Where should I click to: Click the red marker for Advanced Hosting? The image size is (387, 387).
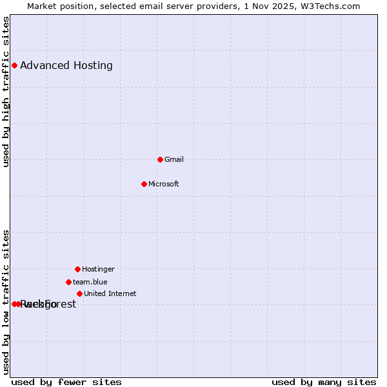point(14,65)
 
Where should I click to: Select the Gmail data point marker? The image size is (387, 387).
point(160,159)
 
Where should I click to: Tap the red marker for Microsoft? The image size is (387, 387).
point(144,184)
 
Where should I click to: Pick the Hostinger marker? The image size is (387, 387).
point(77,269)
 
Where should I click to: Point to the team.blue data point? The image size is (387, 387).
point(68,282)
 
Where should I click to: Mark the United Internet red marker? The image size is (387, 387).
point(79,293)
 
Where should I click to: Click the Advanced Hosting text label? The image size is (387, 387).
point(66,65)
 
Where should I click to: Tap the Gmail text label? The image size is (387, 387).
point(174,159)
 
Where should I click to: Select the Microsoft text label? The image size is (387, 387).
point(164,184)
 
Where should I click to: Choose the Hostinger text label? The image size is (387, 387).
point(98,269)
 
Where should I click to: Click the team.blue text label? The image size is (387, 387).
point(90,282)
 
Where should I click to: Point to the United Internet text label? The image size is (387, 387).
point(110,293)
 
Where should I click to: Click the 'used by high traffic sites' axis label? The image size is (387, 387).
point(6,92)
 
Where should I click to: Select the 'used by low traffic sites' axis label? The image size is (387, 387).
point(6,302)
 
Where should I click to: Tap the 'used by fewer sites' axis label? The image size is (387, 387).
point(66,382)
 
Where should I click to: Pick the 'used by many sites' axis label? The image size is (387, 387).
point(324,382)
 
